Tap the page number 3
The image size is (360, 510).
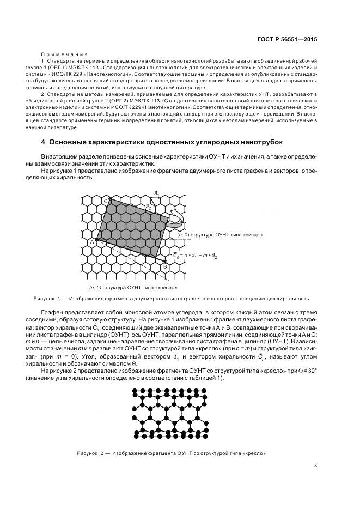[x=315, y=465]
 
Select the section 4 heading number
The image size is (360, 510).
[x=43, y=143]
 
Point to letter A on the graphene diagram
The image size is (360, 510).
[x=92, y=241]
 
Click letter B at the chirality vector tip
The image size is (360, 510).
[x=165, y=266]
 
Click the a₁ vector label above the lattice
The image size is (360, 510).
[x=157, y=193]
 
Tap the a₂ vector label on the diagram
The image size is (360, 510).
[x=148, y=207]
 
